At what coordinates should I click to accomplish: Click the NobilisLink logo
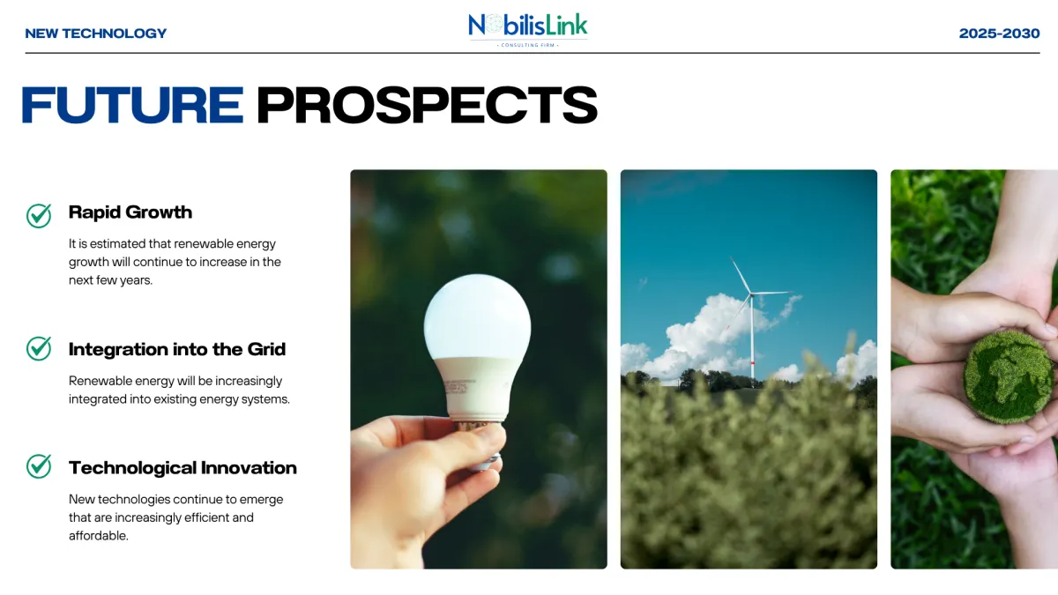click(527, 30)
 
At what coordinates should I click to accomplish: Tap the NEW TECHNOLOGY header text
click(96, 33)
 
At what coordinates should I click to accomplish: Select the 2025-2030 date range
click(999, 33)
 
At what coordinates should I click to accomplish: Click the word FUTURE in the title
click(133, 105)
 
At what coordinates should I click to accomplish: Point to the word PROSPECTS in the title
click(427, 105)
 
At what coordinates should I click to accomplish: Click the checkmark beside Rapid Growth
click(39, 216)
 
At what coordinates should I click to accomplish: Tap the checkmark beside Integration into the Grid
click(39, 348)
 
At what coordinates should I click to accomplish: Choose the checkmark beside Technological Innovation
click(39, 466)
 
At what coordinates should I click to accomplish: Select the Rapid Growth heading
click(130, 212)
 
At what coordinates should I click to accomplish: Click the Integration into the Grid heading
click(177, 349)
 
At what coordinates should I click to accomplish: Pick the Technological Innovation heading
click(183, 468)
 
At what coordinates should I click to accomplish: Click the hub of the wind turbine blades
click(751, 294)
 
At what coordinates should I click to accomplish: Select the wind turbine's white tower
click(752, 338)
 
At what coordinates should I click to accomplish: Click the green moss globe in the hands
click(1009, 377)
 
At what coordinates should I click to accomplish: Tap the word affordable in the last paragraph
click(98, 536)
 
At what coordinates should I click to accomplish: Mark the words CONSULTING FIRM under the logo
click(527, 45)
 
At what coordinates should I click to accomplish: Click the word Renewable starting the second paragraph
click(101, 381)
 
